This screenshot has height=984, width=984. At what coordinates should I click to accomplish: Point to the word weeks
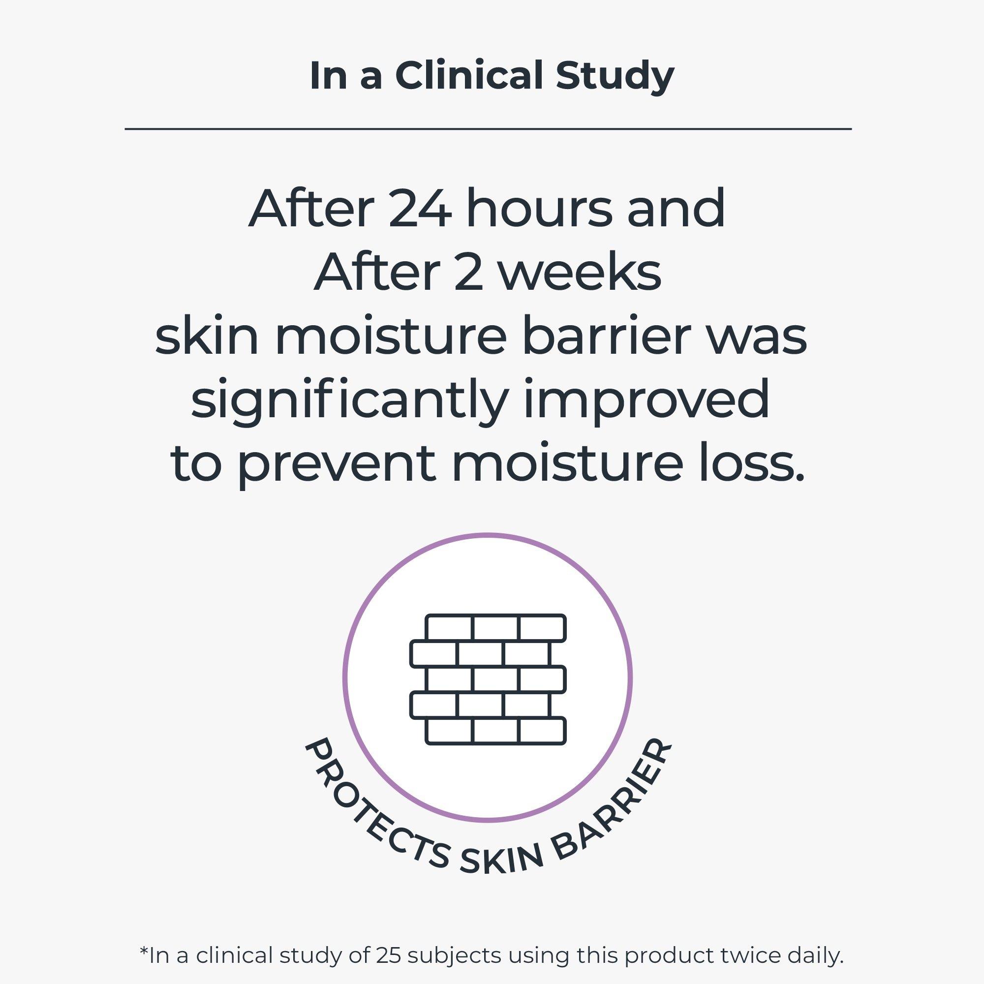(x=579, y=273)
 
